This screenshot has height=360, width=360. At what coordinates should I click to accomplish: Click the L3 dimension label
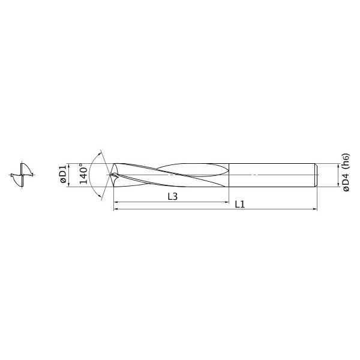(x=172, y=197)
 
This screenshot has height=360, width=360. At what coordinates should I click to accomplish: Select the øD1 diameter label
(x=62, y=174)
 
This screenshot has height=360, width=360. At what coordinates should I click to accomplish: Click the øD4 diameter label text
(x=346, y=181)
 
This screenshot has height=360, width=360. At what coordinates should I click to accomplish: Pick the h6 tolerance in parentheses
(x=346, y=160)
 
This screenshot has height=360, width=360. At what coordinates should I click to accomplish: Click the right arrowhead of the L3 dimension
(x=227, y=202)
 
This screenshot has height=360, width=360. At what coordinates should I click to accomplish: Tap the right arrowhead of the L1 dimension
(x=314, y=209)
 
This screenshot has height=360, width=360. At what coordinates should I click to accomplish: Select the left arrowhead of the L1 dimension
(x=115, y=209)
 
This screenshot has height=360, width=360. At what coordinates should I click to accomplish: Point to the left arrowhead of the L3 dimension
(x=115, y=202)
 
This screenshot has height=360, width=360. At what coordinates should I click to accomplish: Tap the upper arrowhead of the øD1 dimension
(x=70, y=164)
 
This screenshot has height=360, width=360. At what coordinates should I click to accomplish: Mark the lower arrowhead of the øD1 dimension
(x=70, y=185)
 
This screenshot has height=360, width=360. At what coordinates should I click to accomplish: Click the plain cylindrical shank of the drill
(x=270, y=175)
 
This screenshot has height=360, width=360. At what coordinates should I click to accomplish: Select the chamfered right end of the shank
(x=315, y=175)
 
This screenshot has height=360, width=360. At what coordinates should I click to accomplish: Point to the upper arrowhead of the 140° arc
(x=100, y=151)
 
